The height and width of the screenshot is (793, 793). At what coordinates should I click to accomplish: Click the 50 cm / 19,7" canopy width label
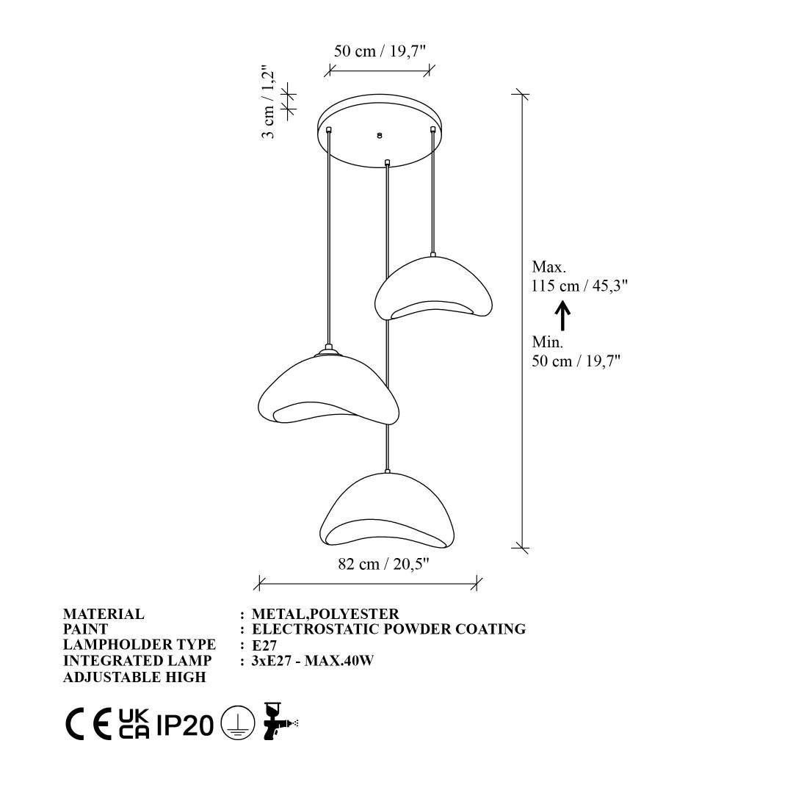(x=380, y=51)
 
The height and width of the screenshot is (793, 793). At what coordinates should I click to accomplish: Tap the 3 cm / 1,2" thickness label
(x=267, y=101)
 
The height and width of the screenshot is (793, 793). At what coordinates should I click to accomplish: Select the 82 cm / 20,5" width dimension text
(x=383, y=564)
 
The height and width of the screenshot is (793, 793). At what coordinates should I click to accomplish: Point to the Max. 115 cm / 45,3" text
(x=579, y=276)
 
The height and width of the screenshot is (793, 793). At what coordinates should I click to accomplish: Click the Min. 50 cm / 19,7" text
(x=576, y=352)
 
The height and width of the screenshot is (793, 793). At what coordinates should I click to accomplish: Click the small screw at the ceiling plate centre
(x=380, y=136)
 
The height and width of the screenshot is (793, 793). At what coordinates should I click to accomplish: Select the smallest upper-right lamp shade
(x=433, y=287)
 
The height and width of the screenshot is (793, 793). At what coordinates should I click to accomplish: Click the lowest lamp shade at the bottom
(x=388, y=510)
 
